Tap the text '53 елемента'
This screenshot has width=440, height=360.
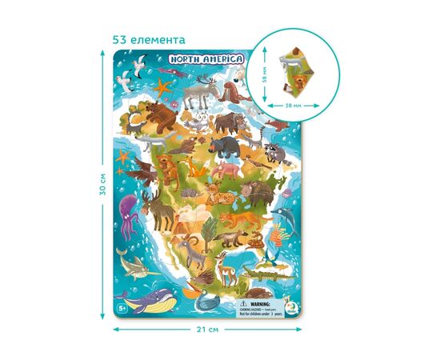(x=150, y=38)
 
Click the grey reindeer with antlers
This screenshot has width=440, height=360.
(x=196, y=94)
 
